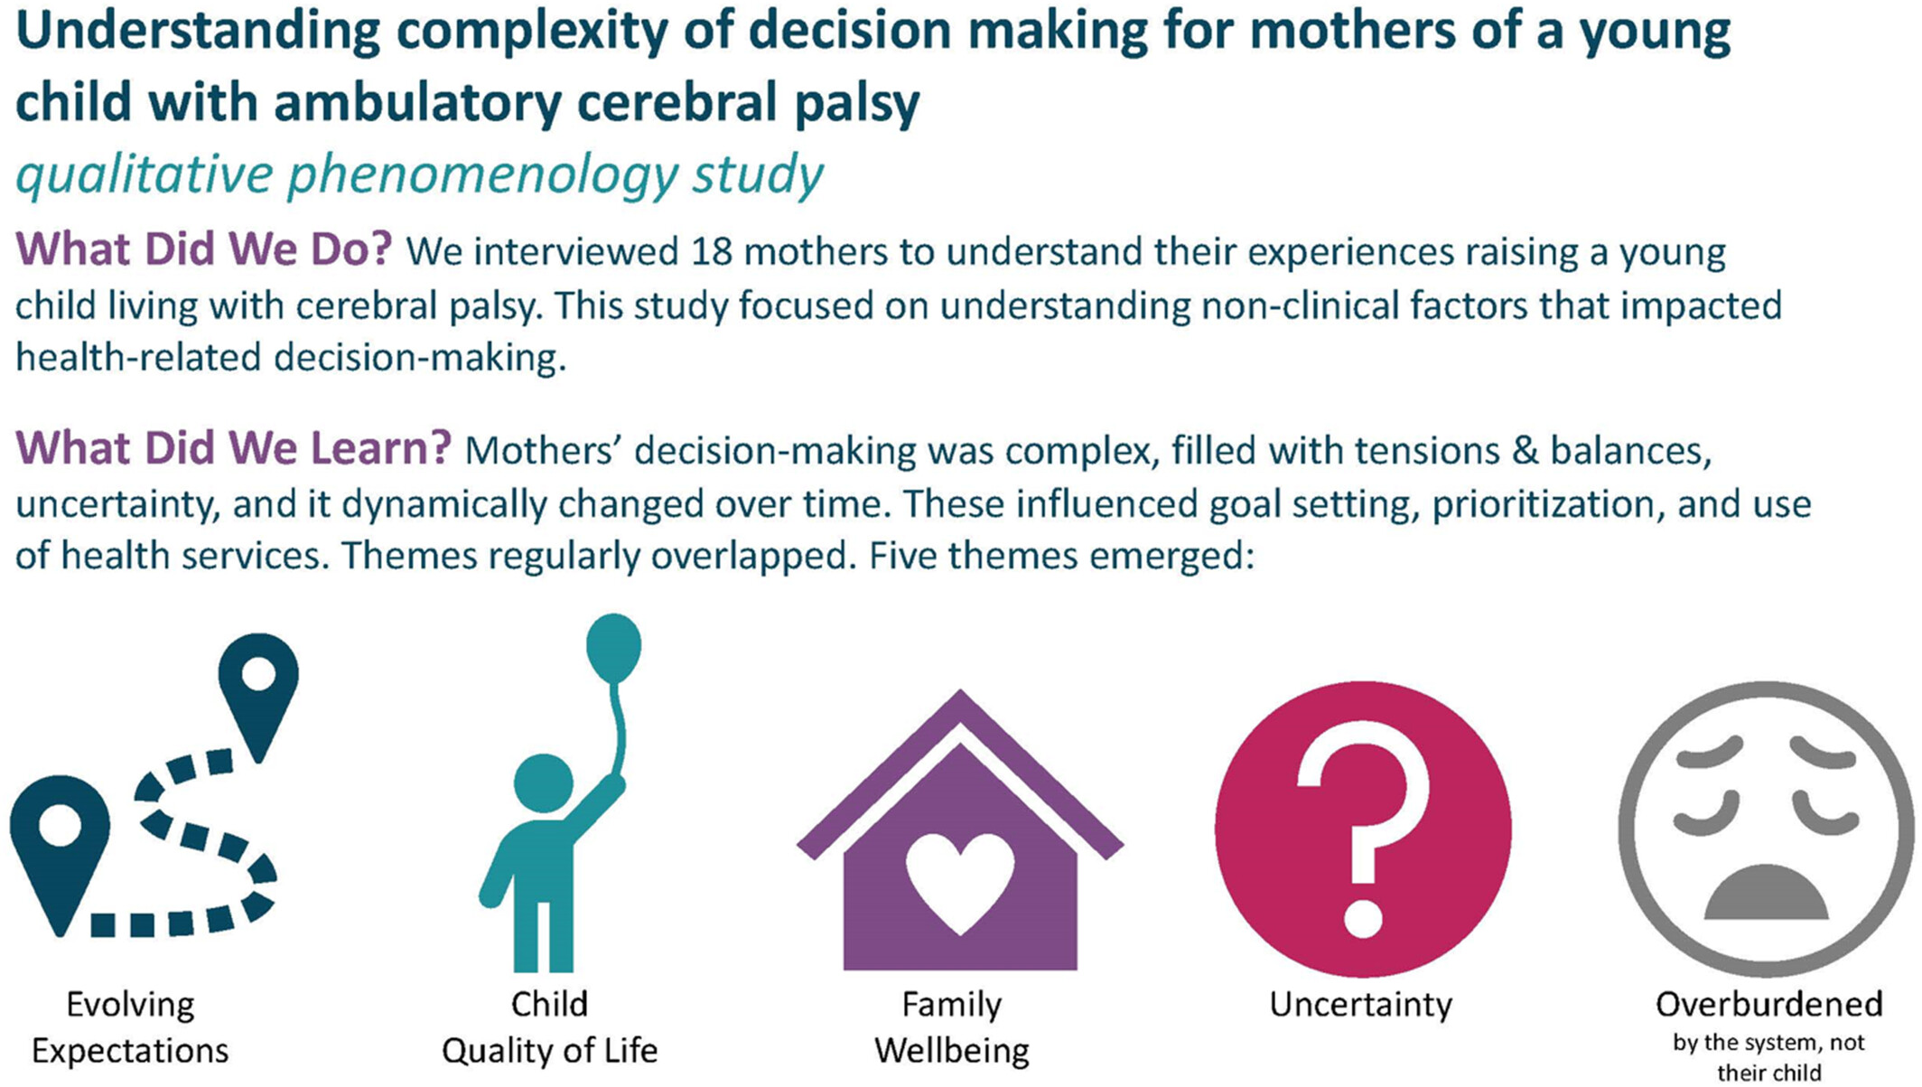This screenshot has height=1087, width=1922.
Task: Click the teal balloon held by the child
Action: tap(613, 648)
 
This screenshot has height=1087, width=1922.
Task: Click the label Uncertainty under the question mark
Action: tap(1360, 1005)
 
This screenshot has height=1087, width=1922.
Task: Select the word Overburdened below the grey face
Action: tap(1768, 1004)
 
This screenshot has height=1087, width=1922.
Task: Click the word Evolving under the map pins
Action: tap(130, 1005)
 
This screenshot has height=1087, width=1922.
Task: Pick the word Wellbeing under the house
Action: tap(952, 1052)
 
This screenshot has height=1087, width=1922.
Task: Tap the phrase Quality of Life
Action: tap(549, 1052)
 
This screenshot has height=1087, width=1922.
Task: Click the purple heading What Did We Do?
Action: tap(204, 248)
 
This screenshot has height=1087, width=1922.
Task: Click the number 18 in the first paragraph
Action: tap(712, 252)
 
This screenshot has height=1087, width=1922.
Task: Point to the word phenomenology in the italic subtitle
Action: tap(482, 174)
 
